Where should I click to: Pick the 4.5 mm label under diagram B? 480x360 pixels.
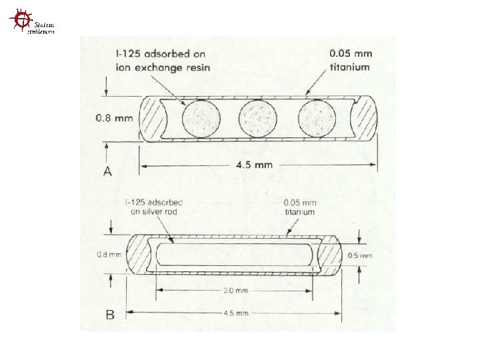pos(235,312)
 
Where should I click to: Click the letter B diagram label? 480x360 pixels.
pos(108,312)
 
